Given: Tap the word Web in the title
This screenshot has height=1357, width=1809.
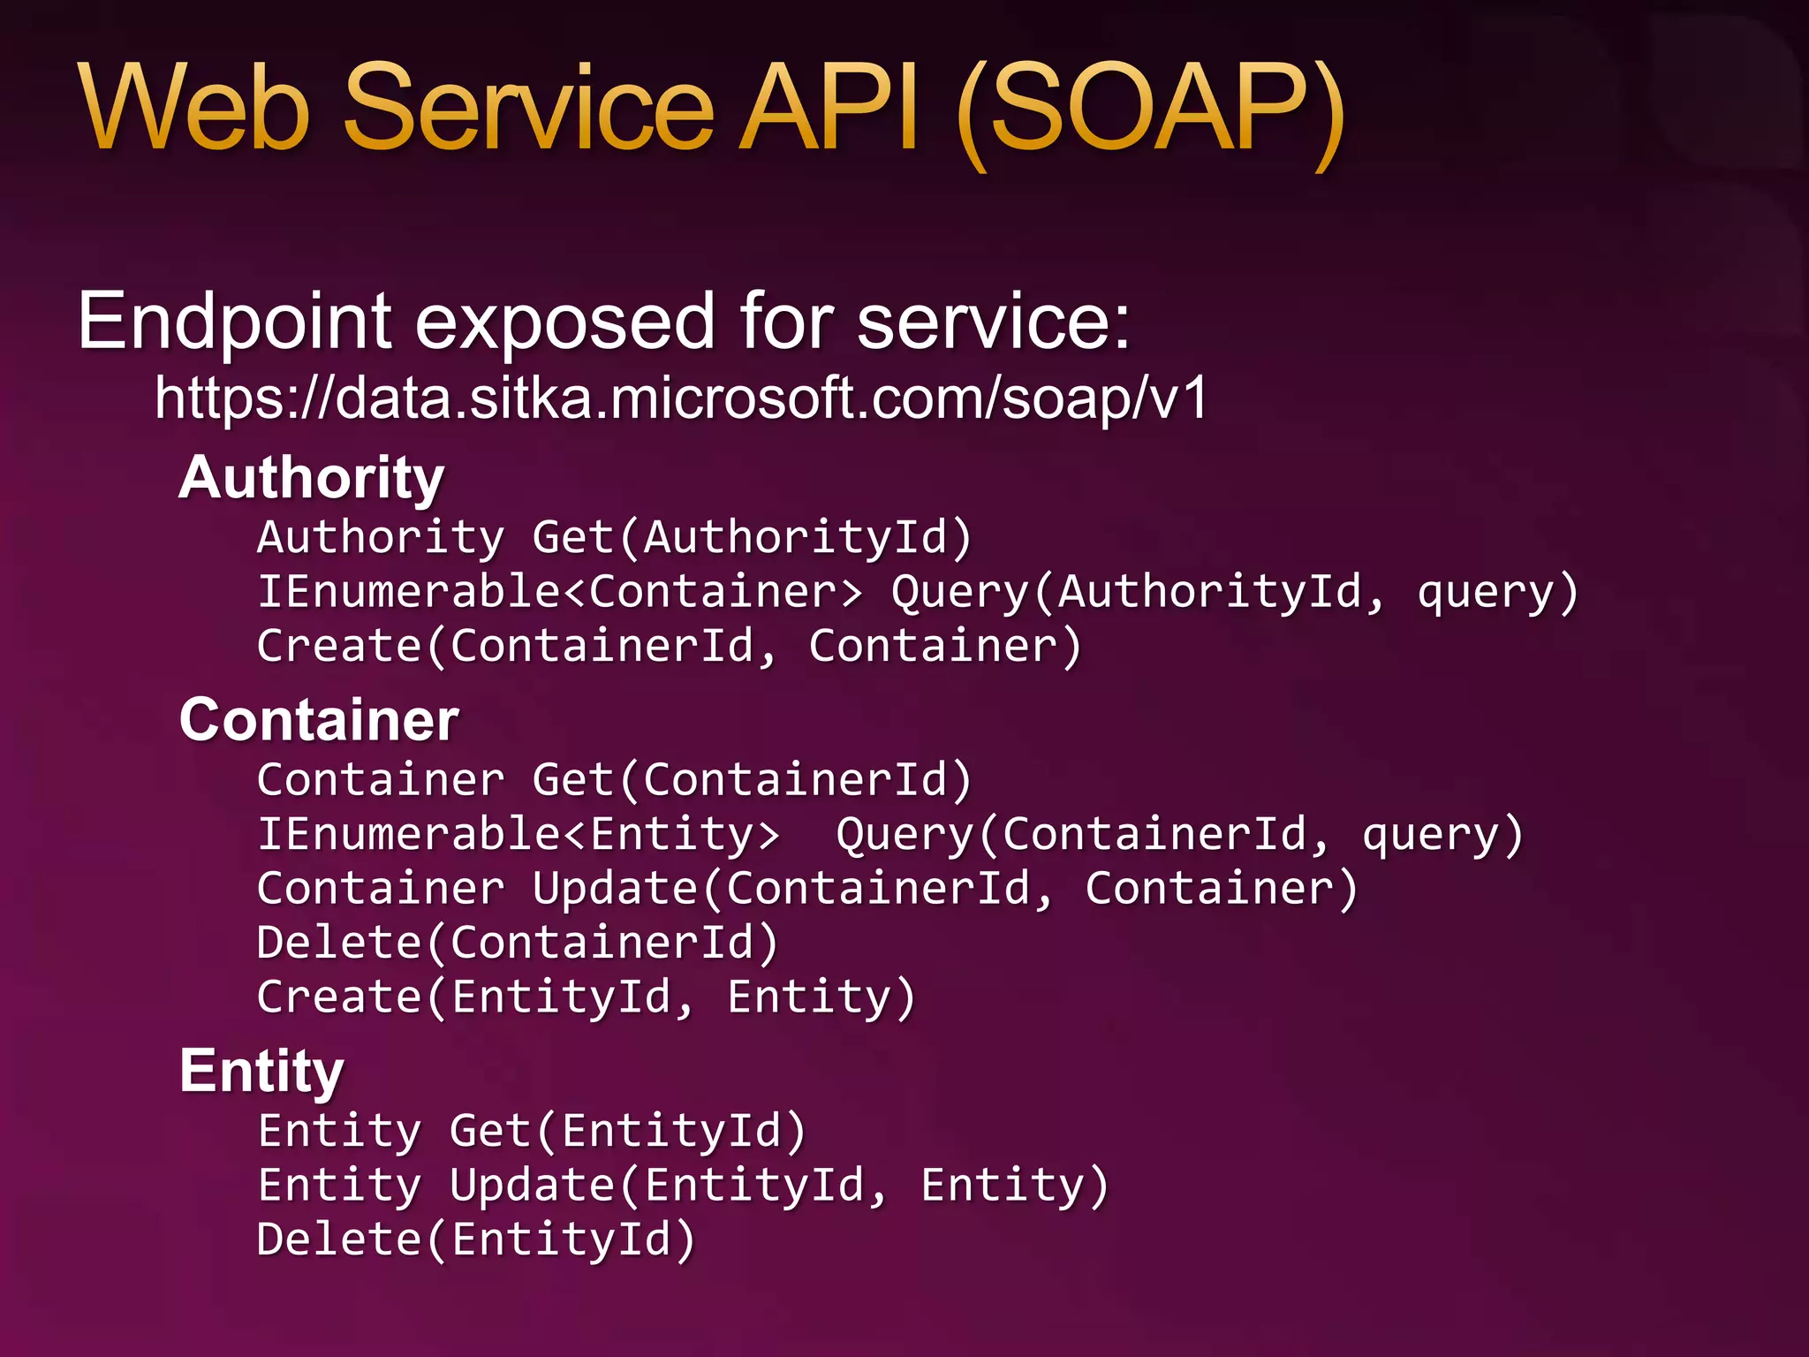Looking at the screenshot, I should (x=194, y=110).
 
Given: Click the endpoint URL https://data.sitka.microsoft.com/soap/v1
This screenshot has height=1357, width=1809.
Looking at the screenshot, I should (x=681, y=398).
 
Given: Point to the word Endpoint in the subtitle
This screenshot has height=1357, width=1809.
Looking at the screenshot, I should (x=234, y=322).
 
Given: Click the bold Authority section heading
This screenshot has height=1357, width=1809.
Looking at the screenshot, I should (x=311, y=478).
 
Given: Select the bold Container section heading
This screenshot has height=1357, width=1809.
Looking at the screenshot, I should (x=319, y=719).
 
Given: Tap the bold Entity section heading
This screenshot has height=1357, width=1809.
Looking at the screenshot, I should (x=261, y=1072).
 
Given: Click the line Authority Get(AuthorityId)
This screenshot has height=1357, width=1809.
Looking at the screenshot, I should (x=615, y=537).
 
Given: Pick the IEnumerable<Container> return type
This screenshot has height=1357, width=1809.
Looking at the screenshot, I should (x=560, y=591).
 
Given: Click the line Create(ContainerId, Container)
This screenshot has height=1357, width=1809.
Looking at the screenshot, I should (x=669, y=646).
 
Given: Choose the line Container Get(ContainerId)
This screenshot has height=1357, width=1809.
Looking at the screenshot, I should (x=615, y=780).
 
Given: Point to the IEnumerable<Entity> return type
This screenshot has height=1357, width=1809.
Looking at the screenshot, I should (x=518, y=835).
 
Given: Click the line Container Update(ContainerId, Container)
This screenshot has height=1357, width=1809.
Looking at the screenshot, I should (x=807, y=889).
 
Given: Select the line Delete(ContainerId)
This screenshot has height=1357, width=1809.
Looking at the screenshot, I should (x=518, y=943).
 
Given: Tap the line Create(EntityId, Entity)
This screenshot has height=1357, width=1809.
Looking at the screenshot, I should (x=587, y=997).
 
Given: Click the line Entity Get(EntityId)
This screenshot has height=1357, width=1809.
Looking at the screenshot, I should (x=532, y=1132).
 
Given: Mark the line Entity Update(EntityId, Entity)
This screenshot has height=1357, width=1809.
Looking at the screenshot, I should (x=683, y=1186).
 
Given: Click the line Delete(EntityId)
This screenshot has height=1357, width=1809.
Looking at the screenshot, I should (x=476, y=1239).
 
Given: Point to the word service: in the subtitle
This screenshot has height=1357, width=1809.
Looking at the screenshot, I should (x=994, y=322).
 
